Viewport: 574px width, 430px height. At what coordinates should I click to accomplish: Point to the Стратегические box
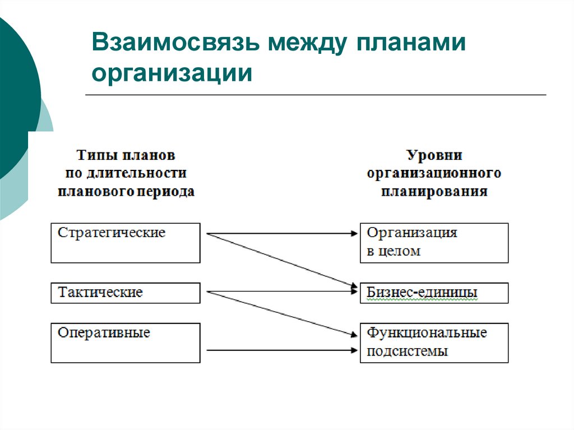(125, 243)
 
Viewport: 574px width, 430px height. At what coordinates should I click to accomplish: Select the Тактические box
(125, 293)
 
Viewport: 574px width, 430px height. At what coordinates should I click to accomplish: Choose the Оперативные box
(125, 343)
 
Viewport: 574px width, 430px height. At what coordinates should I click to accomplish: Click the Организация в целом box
(434, 243)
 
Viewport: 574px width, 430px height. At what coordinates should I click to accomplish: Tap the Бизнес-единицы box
(434, 293)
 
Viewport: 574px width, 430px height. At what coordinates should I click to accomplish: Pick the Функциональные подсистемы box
(434, 343)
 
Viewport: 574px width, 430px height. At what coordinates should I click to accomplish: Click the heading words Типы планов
(126, 155)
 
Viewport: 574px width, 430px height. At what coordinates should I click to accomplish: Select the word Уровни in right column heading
(434, 155)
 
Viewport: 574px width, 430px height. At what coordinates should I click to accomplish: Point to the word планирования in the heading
(434, 192)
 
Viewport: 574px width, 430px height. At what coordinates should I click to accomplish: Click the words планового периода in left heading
(126, 192)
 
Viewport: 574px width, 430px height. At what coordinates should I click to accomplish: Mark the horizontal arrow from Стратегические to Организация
(280, 233)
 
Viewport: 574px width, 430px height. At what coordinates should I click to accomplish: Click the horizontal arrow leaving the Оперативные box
(280, 350)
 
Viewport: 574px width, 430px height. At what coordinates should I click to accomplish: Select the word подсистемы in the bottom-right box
(408, 352)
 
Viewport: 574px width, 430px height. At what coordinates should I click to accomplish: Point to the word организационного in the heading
(434, 173)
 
